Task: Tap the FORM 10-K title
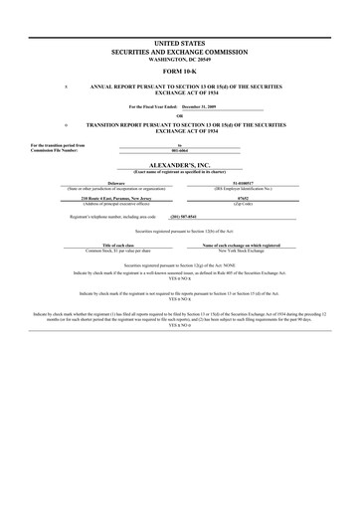pos(179,73)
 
